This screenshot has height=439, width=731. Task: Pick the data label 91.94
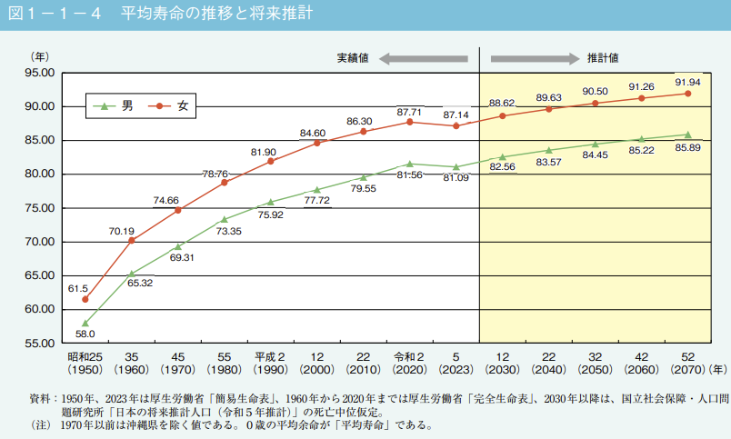(x=687, y=82)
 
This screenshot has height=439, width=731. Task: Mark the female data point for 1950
(x=85, y=299)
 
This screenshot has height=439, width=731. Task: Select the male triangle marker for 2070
(x=687, y=135)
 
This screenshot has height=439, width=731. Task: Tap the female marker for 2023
(x=456, y=125)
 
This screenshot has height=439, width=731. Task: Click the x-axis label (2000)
(x=317, y=371)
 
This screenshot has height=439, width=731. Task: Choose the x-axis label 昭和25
(x=85, y=356)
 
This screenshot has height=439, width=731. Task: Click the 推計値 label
(x=603, y=58)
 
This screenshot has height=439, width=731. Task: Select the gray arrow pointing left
(x=423, y=58)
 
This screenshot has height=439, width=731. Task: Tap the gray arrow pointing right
(x=536, y=58)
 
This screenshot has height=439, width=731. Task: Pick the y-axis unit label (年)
(x=42, y=56)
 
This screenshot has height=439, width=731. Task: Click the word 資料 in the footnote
(x=41, y=398)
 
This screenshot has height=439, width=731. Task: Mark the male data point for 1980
(x=225, y=219)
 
